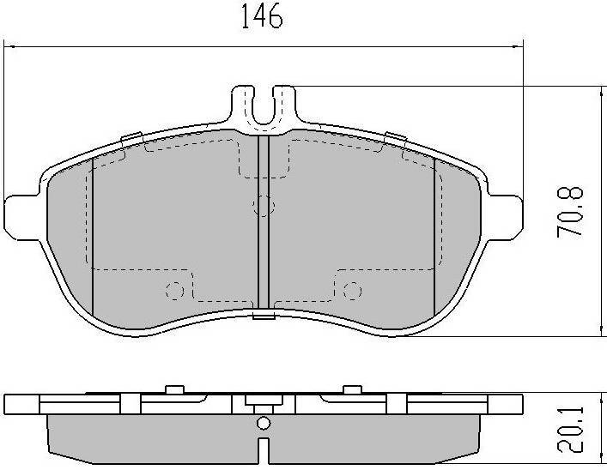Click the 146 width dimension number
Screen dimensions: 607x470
[262, 15]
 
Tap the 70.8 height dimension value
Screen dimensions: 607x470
[570, 212]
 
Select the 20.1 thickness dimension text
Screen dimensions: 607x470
[570, 430]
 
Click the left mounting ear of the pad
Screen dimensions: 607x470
[22, 217]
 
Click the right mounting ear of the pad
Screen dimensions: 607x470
[505, 217]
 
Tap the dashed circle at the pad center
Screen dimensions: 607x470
[264, 206]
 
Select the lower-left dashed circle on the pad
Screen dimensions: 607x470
[175, 291]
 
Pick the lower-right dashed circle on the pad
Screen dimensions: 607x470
[352, 291]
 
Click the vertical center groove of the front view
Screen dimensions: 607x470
[264, 222]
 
